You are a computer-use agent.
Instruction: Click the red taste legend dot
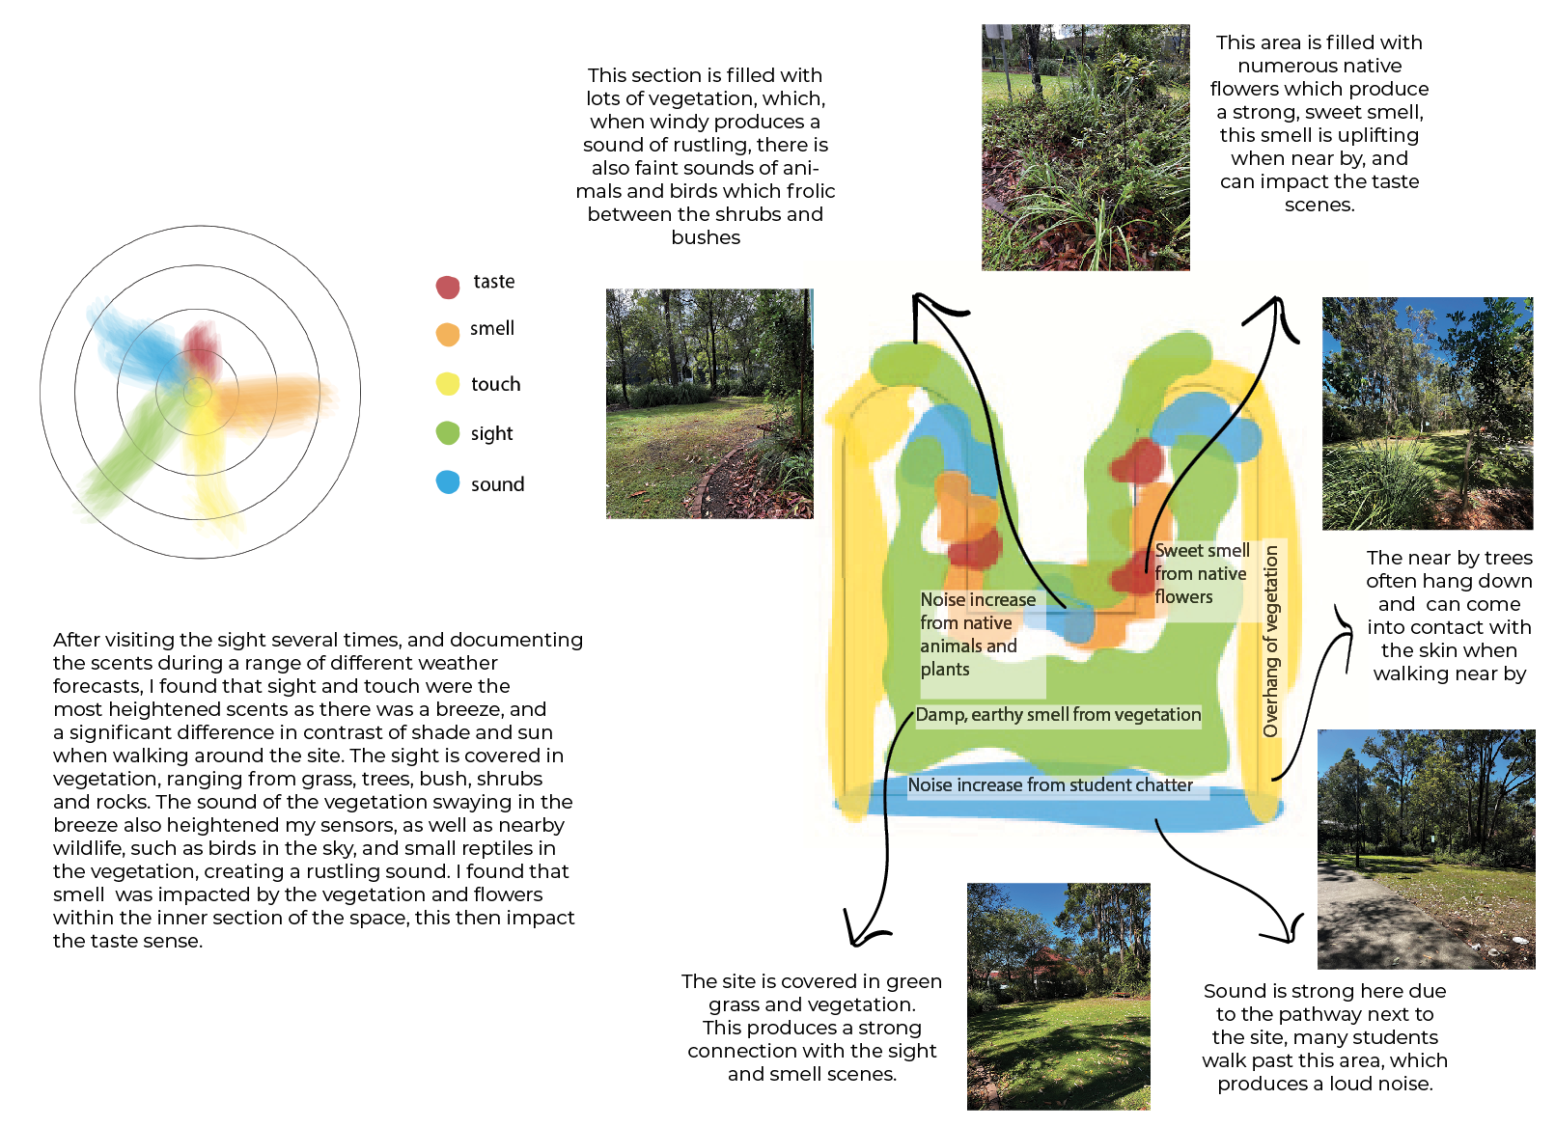click(x=447, y=287)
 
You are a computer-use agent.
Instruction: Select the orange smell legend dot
click(x=447, y=334)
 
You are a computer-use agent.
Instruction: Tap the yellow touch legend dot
click(x=447, y=384)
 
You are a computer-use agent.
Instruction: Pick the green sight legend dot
click(x=447, y=433)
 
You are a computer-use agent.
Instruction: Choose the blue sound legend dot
click(x=447, y=482)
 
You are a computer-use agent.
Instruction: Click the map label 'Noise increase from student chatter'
click(x=1050, y=785)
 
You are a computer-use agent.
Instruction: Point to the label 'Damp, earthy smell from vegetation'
click(x=1058, y=715)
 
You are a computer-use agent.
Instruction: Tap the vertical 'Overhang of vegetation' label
click(x=1271, y=642)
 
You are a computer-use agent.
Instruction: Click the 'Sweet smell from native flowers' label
click(x=1202, y=574)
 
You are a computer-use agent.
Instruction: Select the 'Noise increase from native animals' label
click(x=977, y=634)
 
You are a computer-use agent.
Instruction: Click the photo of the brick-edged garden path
click(x=709, y=403)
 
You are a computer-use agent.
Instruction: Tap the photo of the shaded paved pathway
click(x=1426, y=849)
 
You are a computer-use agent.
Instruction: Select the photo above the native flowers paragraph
click(x=1085, y=148)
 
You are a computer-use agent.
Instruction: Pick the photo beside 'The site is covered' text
click(x=1058, y=996)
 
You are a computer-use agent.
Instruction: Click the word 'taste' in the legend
click(x=494, y=282)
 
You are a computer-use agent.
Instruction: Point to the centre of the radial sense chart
click(x=199, y=393)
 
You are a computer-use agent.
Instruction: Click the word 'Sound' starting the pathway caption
click(x=1235, y=991)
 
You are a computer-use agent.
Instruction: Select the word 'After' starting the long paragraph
click(x=76, y=640)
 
